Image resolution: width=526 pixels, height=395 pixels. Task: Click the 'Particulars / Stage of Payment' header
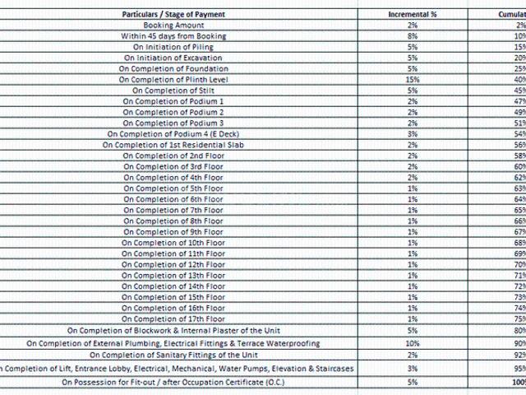coord(173,14)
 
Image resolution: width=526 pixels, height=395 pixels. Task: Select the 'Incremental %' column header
coord(412,14)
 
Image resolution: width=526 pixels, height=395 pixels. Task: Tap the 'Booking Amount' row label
coord(173,26)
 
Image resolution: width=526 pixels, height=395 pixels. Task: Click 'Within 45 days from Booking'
coord(173,36)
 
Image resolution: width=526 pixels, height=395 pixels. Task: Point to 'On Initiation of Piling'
coord(173,47)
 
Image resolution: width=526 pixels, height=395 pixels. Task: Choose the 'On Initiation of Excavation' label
coord(173,58)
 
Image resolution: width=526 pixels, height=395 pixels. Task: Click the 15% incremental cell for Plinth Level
coord(412,80)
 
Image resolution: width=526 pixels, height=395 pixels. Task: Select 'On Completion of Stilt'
coord(173,91)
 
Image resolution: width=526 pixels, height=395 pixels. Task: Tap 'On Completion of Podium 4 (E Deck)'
coord(173,134)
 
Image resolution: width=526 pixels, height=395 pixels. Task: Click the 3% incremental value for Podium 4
coord(412,134)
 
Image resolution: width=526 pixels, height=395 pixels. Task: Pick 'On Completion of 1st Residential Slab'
coord(173,145)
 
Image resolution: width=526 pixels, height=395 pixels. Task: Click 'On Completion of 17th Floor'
coord(173,318)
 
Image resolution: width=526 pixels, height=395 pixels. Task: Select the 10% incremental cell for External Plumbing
coord(412,343)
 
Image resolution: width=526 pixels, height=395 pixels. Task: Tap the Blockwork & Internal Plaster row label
coord(173,331)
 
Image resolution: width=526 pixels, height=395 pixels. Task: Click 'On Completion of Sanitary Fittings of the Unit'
coord(173,355)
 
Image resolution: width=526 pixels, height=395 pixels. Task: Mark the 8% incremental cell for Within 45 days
coord(412,36)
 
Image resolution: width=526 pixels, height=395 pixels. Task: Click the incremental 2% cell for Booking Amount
coord(412,26)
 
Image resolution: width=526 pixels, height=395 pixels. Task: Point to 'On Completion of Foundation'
coord(173,69)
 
